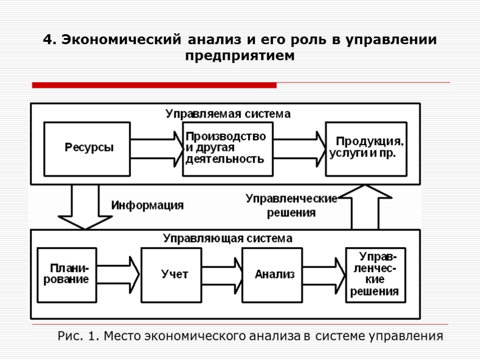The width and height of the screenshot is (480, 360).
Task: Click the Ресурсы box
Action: (x=87, y=148)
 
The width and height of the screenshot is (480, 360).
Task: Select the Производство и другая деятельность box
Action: (x=227, y=148)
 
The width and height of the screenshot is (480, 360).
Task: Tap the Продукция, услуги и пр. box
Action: (x=366, y=148)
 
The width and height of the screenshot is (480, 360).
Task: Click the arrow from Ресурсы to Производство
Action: (x=157, y=148)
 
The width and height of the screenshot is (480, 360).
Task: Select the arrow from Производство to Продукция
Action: (x=299, y=148)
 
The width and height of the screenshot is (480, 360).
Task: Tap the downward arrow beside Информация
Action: (x=85, y=206)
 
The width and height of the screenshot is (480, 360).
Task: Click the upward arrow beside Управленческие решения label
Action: (x=364, y=206)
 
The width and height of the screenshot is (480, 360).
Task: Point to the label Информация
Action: (x=147, y=205)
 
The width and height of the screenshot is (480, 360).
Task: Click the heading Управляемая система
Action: (x=228, y=114)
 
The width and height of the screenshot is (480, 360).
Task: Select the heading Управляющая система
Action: (x=228, y=239)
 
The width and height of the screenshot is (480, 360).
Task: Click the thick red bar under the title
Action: (x=154, y=85)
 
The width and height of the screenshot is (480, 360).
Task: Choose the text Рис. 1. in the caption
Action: (x=78, y=336)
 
